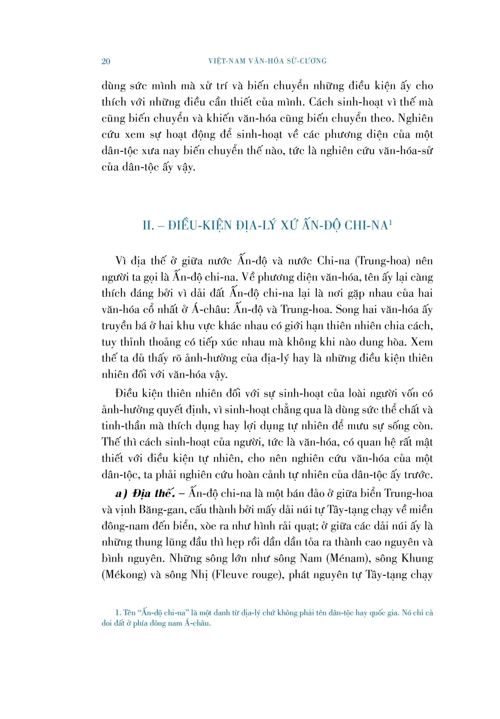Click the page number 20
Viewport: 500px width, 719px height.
coord(106,61)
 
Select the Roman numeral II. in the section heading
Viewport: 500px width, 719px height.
coord(148,225)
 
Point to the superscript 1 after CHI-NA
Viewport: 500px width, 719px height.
coord(390,222)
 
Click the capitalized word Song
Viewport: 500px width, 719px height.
coord(347,310)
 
